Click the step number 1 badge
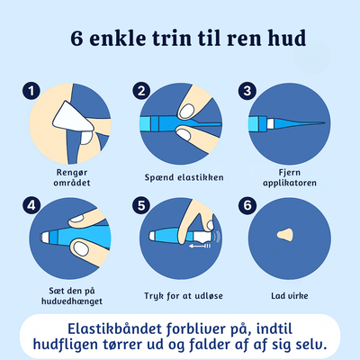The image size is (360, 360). [x=31, y=91]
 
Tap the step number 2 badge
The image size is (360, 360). [x=141, y=91]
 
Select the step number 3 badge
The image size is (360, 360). [x=247, y=91]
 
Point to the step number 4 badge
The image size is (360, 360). [x=31, y=205]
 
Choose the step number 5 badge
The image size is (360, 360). [x=141, y=205]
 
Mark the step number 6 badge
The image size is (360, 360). [x=247, y=205]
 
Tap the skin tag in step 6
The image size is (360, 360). [x=285, y=234]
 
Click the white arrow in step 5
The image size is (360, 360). [x=200, y=246]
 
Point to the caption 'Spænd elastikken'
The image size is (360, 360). [x=184, y=177]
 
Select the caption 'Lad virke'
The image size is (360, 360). [x=290, y=296]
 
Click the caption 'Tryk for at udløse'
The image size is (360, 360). [x=184, y=296]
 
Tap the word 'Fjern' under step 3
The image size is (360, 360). [x=290, y=173]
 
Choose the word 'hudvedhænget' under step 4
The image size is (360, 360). [x=72, y=301]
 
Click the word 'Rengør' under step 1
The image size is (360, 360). [x=72, y=173]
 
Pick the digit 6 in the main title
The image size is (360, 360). [x=76, y=38]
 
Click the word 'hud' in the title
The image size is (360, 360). [x=287, y=38]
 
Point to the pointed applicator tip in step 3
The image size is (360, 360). [x=323, y=122]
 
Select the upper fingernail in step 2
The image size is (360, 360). [x=186, y=111]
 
